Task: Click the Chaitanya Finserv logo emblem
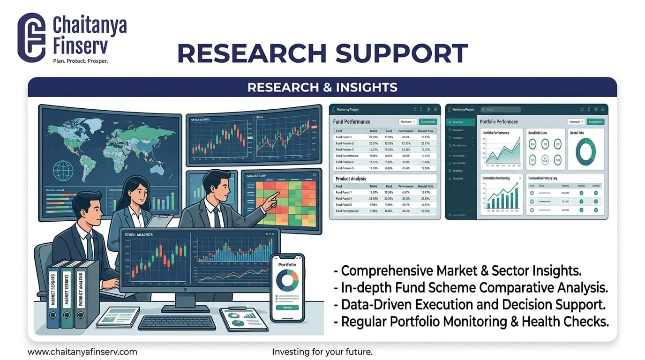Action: pyautogui.click(x=31, y=37)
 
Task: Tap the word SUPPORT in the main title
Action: pyautogui.click(x=402, y=53)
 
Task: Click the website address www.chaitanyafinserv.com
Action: pyautogui.click(x=82, y=352)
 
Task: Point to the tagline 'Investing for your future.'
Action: pyautogui.click(x=322, y=352)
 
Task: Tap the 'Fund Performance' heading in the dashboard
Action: pyautogui.click(x=352, y=122)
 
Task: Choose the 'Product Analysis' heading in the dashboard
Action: pyautogui.click(x=351, y=179)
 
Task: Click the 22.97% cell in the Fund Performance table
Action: pyautogui.click(x=374, y=137)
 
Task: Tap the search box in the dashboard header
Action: pyautogui.click(x=500, y=109)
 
